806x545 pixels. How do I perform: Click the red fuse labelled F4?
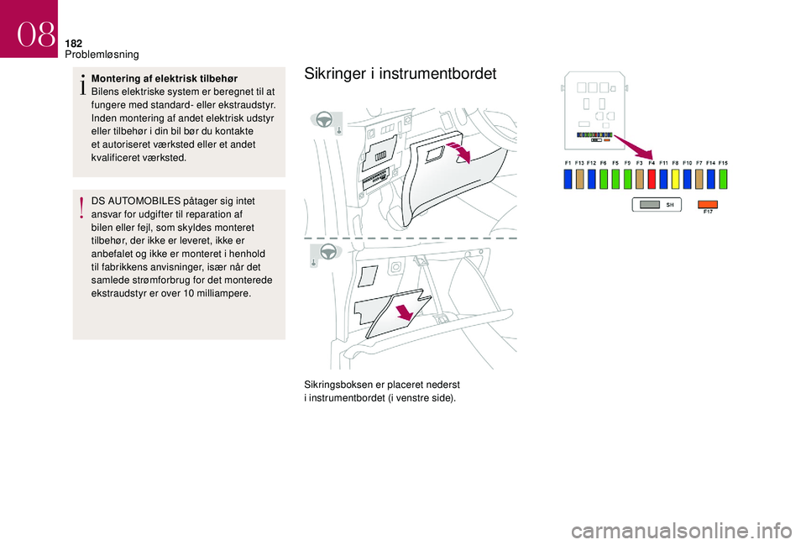pos(652,178)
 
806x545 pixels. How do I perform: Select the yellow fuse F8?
pos(675,178)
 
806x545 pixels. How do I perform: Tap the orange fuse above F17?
pos(709,203)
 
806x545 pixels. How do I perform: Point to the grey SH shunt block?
pos(656,204)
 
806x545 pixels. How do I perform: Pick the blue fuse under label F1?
pos(568,178)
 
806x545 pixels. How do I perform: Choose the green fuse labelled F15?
pos(723,178)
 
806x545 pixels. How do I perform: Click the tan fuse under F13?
pos(579,178)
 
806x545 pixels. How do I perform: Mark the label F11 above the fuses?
pos(663,162)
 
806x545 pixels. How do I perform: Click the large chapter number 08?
pos(34,34)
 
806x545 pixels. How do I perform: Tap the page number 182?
pos(73,42)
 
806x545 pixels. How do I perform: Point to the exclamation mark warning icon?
pos(82,207)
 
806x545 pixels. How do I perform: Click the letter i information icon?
pos(82,84)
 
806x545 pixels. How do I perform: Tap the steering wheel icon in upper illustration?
pos(324,119)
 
